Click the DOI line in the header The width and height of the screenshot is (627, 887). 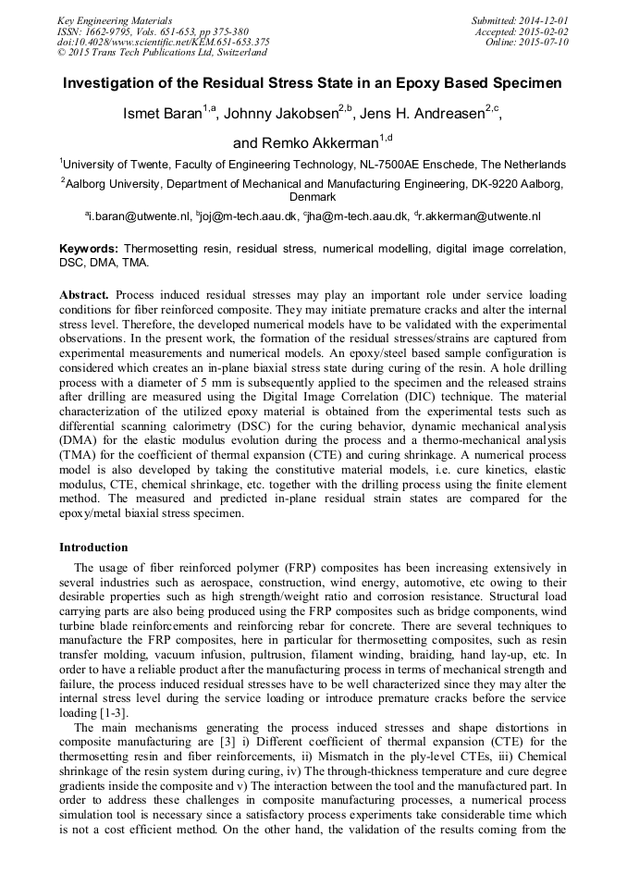pos(164,42)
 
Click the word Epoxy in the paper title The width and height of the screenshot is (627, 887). pos(430,83)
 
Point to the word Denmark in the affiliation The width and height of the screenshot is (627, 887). pos(313,197)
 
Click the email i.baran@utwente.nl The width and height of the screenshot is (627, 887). pos(139,216)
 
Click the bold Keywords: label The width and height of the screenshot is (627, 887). pos(89,250)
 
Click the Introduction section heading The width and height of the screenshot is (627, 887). pos(93,548)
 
